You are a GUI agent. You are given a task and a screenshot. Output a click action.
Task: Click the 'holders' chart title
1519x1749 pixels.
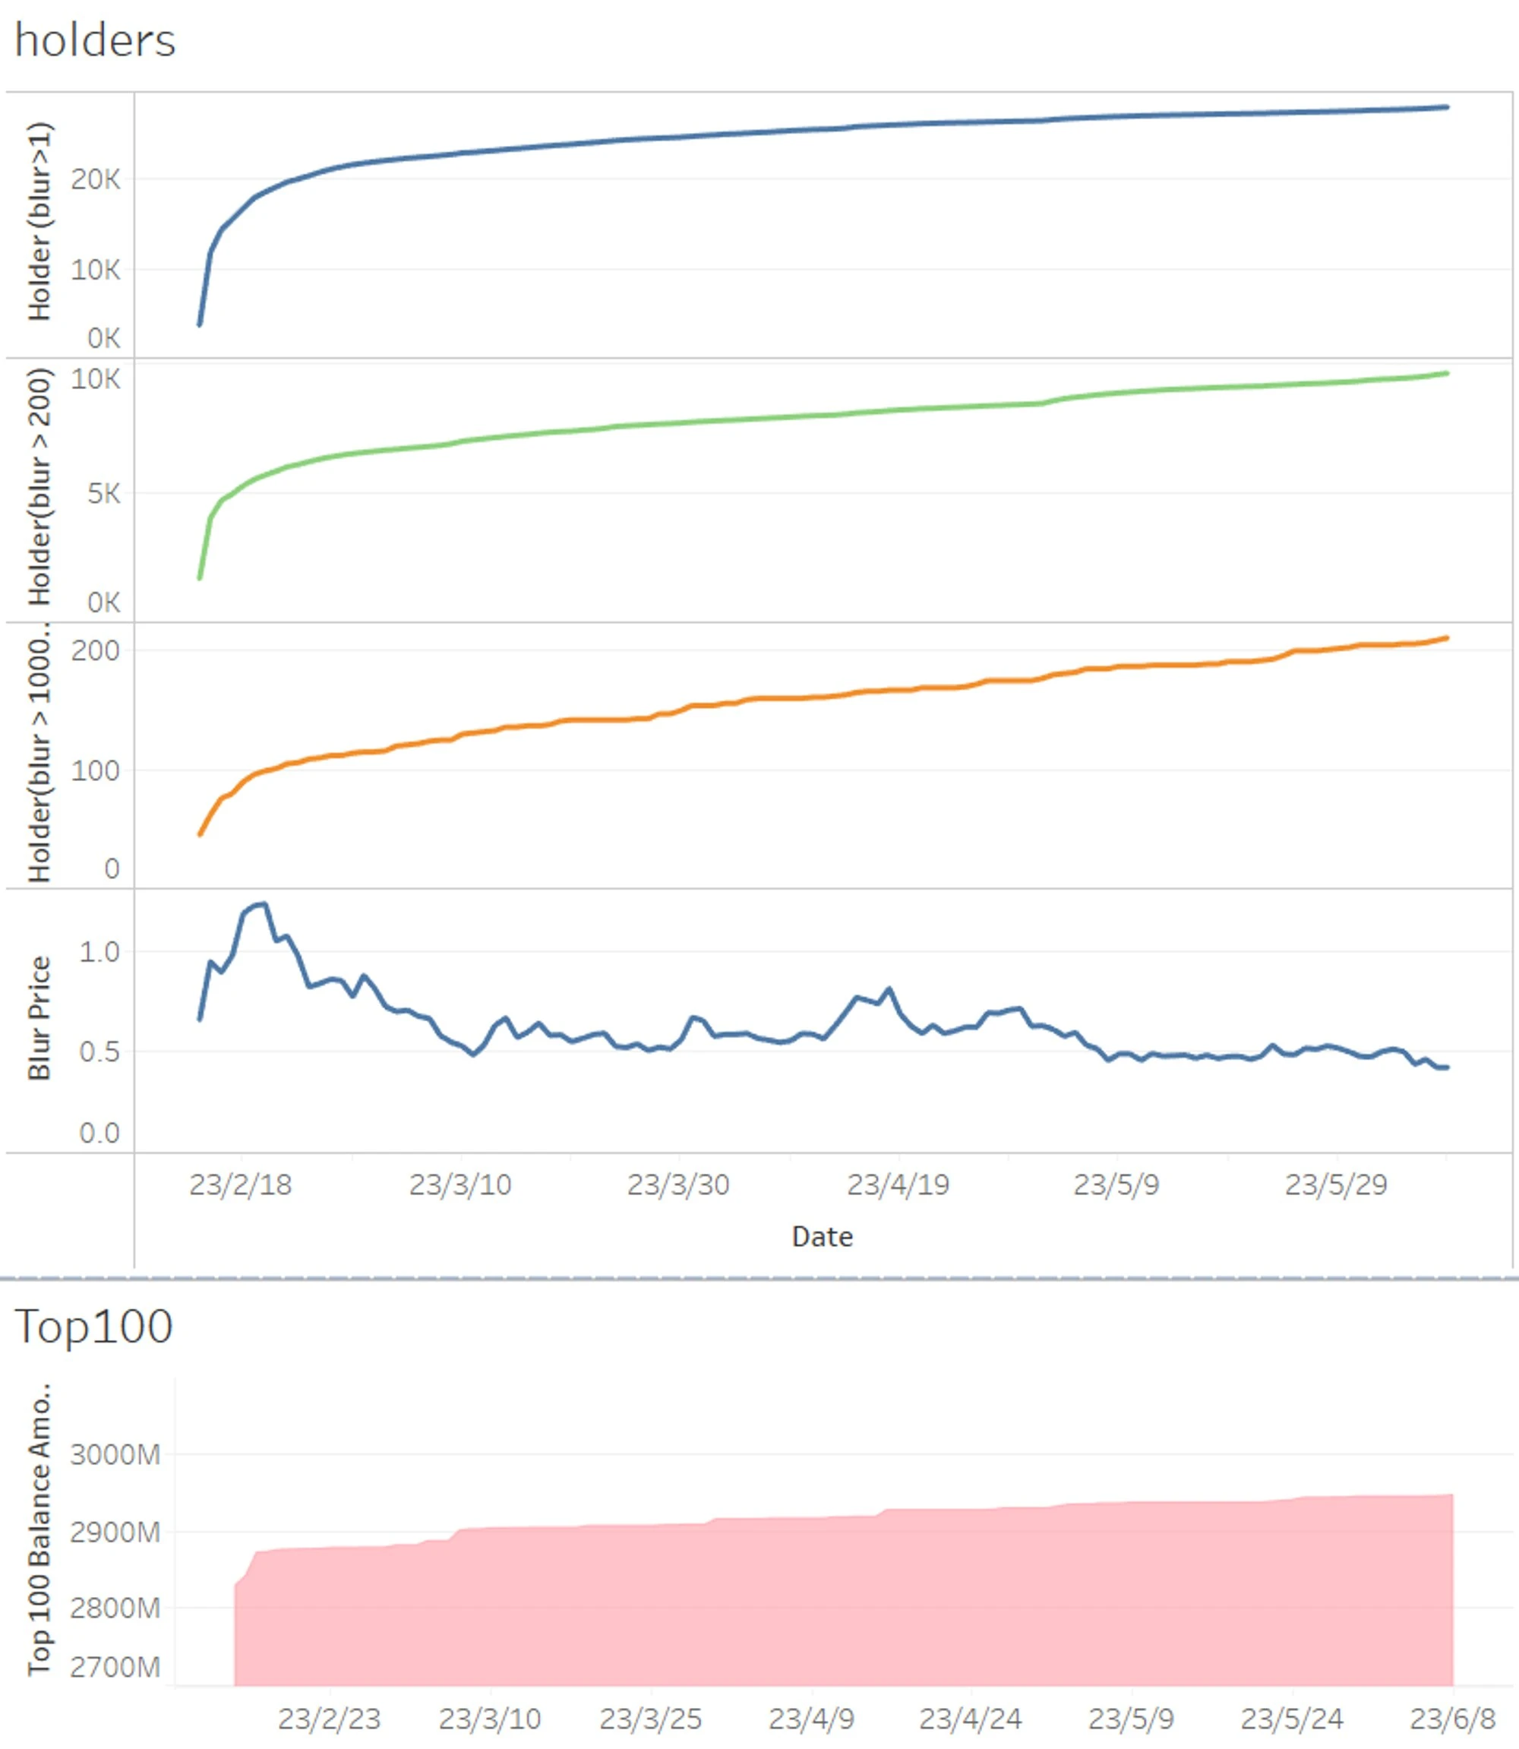click(95, 41)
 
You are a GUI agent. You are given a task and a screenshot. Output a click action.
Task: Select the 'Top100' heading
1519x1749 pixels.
click(93, 1327)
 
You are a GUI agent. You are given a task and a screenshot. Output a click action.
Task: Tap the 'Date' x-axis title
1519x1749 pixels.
click(821, 1237)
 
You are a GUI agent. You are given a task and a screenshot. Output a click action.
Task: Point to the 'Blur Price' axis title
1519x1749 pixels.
click(39, 1018)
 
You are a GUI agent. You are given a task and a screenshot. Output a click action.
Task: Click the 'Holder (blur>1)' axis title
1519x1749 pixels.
click(39, 221)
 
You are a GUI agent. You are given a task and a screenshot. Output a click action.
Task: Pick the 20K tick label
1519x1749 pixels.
click(96, 180)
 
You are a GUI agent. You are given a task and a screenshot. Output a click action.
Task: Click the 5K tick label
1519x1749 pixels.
click(103, 493)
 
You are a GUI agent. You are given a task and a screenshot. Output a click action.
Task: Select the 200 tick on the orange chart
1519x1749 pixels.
click(95, 651)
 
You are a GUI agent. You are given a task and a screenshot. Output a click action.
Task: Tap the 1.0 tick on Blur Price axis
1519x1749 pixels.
click(99, 952)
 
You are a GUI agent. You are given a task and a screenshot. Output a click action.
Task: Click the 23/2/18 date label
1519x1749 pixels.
click(240, 1185)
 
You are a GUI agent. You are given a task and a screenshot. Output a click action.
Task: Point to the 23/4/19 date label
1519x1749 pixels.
click(898, 1185)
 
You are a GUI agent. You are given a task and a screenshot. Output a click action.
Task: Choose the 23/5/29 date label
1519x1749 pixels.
click(1336, 1185)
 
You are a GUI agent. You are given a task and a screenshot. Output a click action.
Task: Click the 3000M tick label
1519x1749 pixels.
click(115, 1455)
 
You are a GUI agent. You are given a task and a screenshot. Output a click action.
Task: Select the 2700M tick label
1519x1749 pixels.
click(115, 1668)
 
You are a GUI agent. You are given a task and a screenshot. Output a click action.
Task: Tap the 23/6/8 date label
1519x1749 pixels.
click(1452, 1719)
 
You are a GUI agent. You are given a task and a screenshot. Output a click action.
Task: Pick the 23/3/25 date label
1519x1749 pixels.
click(650, 1719)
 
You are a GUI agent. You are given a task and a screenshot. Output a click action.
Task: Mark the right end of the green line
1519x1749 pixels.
click(1447, 373)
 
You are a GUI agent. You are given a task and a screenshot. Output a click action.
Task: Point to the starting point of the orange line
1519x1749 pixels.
click(200, 835)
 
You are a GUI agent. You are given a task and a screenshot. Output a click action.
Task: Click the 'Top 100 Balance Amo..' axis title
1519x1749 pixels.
click(39, 1530)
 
